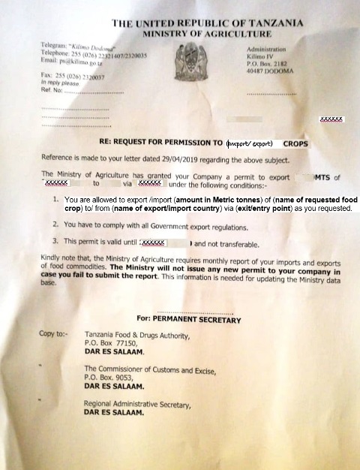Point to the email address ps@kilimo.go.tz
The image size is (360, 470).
pyautogui.click(x=77, y=67)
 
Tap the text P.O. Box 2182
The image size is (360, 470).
pyautogui.click(x=268, y=65)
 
